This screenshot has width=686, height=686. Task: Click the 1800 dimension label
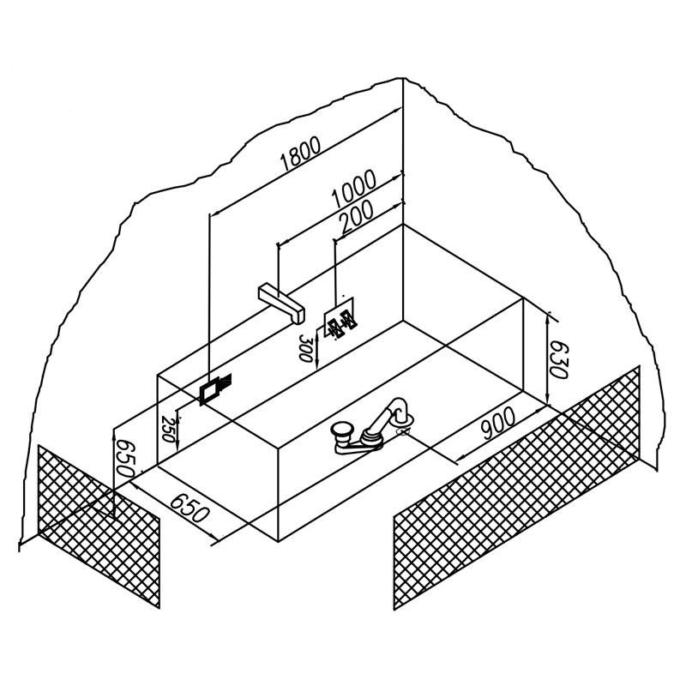[301, 153]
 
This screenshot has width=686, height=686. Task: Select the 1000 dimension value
[353, 189]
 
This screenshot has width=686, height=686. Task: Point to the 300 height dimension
[305, 347]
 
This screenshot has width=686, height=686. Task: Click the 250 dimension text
[167, 429]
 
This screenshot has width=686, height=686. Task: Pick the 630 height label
[558, 358]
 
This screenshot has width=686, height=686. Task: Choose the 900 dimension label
[499, 423]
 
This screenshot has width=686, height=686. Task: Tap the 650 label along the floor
[188, 507]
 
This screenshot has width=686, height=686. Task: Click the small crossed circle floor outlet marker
[402, 432]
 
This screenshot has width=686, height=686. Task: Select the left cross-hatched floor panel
[99, 526]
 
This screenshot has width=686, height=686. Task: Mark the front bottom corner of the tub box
[279, 541]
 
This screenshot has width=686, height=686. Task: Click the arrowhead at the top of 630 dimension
[548, 320]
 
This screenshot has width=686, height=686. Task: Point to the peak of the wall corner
[403, 79]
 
